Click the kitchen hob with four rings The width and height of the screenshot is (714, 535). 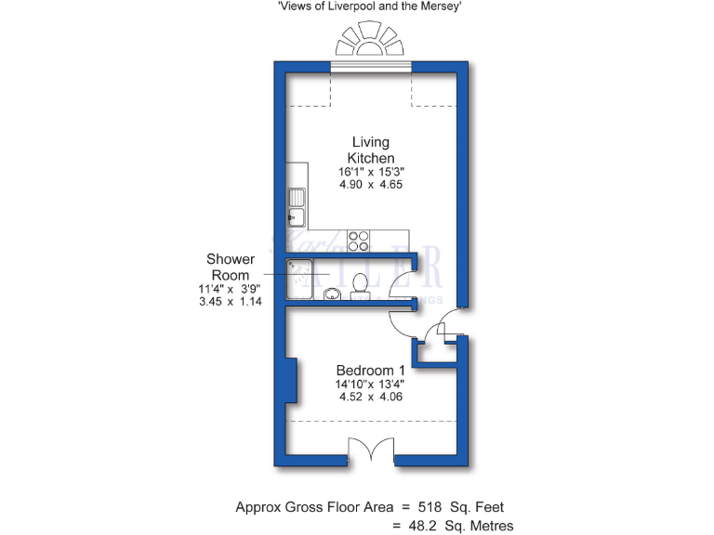(x=359, y=241)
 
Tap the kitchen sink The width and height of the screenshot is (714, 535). (x=297, y=206)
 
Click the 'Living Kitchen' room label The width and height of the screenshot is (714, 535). (x=371, y=150)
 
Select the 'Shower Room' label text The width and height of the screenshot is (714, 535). (x=229, y=267)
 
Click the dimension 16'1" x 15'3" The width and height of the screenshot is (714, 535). (x=371, y=172)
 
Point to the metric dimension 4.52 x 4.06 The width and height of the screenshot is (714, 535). (x=370, y=397)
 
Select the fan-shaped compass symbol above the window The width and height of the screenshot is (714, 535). (x=371, y=43)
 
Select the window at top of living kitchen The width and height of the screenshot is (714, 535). (x=371, y=67)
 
